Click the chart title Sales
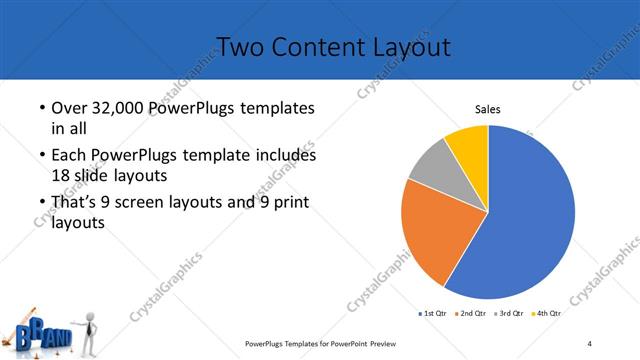[487, 109]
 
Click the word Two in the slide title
[240, 47]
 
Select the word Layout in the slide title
[409, 47]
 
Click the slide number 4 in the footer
[589, 345]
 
